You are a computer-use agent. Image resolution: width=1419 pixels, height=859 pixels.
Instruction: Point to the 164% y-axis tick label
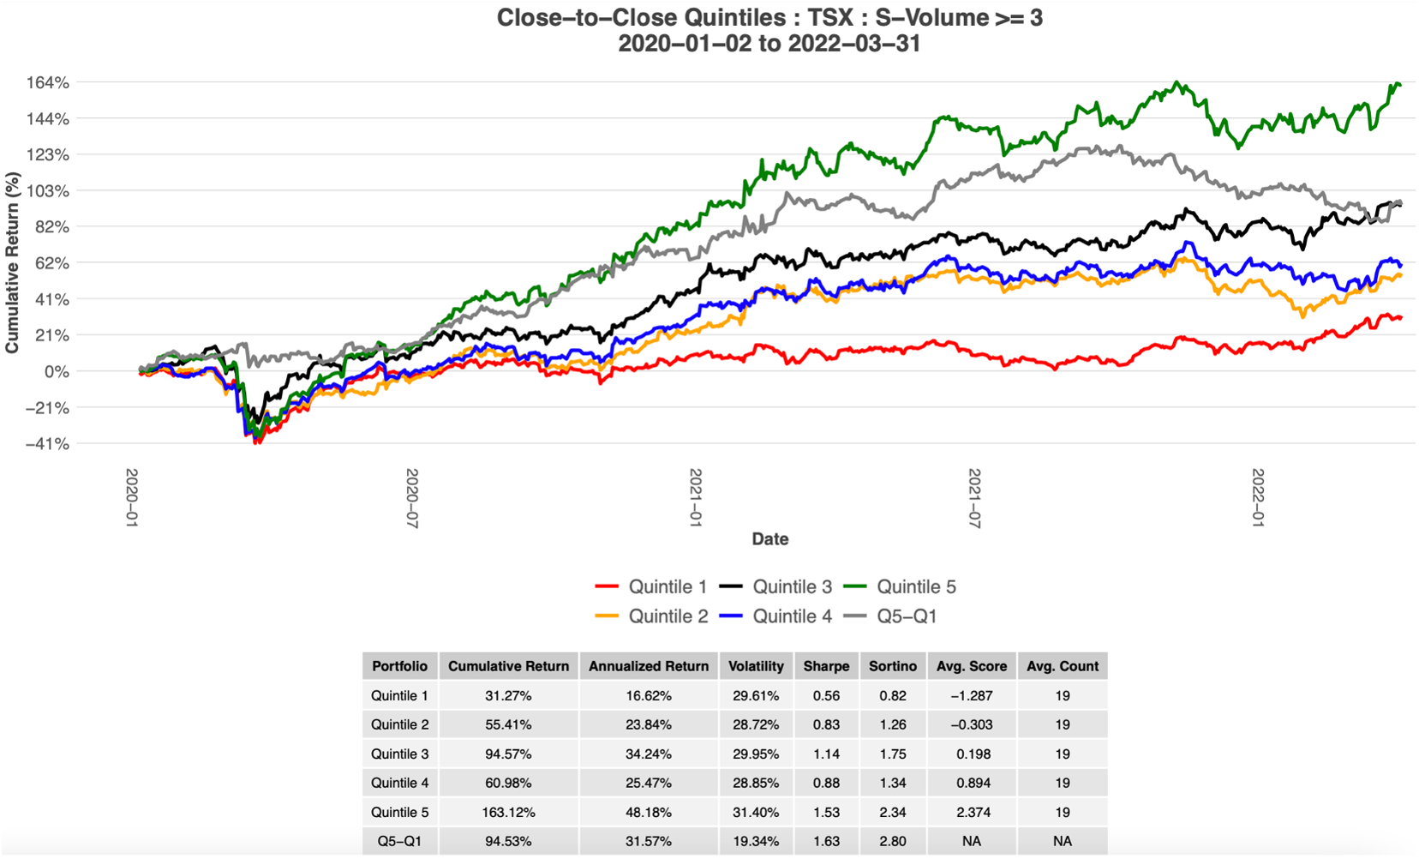48,83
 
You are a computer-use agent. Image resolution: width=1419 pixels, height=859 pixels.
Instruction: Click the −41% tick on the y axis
47,444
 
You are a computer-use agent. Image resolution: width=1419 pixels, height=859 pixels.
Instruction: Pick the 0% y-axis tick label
57,372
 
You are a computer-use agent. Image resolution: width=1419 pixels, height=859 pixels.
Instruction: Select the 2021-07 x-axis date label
974,498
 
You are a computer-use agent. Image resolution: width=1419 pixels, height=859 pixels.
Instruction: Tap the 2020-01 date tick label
132,498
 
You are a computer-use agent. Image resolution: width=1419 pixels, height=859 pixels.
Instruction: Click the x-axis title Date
769,539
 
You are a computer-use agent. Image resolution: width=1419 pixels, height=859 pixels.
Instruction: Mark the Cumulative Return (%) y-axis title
12,262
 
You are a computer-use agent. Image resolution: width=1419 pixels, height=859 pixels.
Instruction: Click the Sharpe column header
826,666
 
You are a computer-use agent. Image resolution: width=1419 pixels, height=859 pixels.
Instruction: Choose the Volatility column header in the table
756,666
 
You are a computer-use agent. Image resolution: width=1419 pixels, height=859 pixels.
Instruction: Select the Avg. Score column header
972,666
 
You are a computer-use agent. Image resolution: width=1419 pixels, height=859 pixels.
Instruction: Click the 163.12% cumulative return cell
508,813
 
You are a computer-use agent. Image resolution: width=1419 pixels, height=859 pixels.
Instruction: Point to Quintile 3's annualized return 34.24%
649,754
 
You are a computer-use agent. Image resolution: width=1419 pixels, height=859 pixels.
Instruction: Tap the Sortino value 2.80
893,842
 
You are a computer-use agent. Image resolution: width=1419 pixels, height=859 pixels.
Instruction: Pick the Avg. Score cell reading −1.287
972,696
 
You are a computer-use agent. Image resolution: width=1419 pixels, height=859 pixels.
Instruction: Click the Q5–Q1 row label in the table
400,842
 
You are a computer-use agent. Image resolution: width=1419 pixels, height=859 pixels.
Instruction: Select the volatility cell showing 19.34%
756,842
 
